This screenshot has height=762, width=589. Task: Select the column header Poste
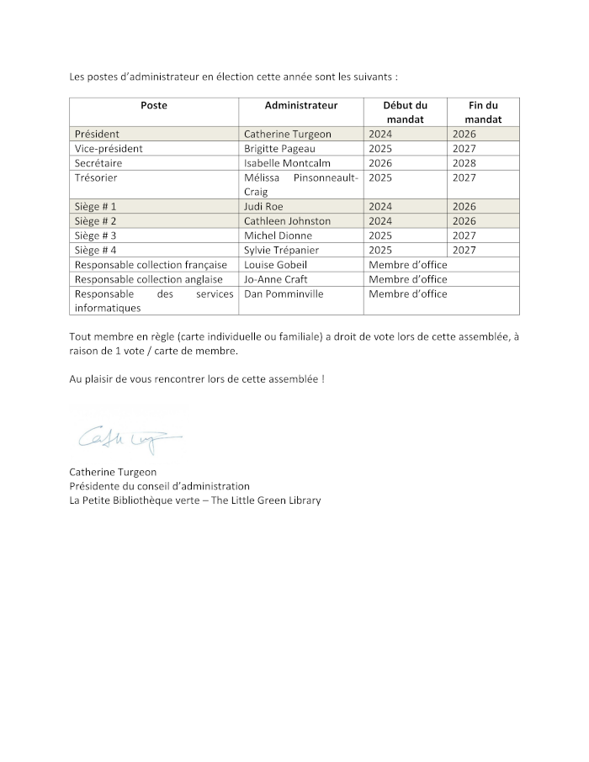tap(154, 106)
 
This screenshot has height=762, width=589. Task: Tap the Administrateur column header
tap(300, 106)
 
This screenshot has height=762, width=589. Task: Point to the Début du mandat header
tap(405, 113)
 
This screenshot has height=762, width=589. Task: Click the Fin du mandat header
tap(483, 113)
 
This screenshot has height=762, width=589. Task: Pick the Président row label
tap(97, 134)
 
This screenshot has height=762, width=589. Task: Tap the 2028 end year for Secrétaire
tap(464, 163)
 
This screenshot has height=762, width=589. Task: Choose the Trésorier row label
tap(95, 177)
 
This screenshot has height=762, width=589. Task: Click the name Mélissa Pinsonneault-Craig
tap(300, 184)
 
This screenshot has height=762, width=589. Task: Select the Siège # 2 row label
tap(95, 221)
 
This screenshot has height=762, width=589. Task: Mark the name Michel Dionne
tap(278, 235)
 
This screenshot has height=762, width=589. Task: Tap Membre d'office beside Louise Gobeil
tap(407, 265)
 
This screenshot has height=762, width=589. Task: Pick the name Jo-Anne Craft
tap(275, 279)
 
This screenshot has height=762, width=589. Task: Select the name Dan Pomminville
tap(283, 294)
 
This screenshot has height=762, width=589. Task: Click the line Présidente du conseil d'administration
tap(159, 486)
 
